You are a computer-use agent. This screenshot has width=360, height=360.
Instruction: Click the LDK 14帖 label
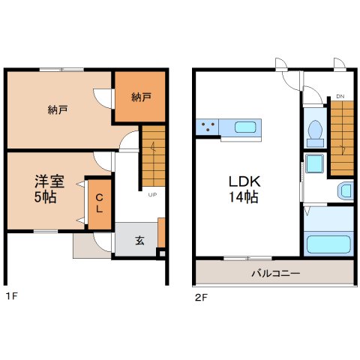(x=244, y=189)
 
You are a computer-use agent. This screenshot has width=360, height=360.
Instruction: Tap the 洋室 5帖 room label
(x=49, y=189)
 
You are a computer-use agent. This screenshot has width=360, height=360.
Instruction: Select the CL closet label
(x=100, y=203)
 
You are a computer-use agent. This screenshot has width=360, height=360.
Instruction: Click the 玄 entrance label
(x=139, y=240)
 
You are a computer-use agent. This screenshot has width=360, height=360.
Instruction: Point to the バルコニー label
(x=275, y=273)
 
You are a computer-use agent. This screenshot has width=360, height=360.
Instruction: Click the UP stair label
(x=152, y=194)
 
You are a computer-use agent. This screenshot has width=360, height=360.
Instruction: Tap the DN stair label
(x=340, y=97)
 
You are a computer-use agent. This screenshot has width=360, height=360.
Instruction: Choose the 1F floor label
(x=12, y=296)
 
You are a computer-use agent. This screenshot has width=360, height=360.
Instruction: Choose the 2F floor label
(x=201, y=297)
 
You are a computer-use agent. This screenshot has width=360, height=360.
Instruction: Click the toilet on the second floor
(x=315, y=133)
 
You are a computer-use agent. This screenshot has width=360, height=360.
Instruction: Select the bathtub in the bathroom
(x=328, y=244)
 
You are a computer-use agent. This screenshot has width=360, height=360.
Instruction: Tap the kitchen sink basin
(x=245, y=127)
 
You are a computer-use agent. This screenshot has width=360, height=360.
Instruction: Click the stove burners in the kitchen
(x=208, y=126)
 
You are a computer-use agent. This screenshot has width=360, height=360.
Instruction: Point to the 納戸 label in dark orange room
(x=141, y=97)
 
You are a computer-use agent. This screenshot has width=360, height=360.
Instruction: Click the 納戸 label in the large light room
(x=58, y=109)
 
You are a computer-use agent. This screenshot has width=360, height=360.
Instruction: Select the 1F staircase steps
(x=154, y=156)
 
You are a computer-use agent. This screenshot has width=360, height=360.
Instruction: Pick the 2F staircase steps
(x=342, y=138)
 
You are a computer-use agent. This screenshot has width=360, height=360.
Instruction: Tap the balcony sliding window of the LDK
(x=247, y=258)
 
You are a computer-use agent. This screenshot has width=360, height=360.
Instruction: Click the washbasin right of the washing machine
(x=346, y=191)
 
